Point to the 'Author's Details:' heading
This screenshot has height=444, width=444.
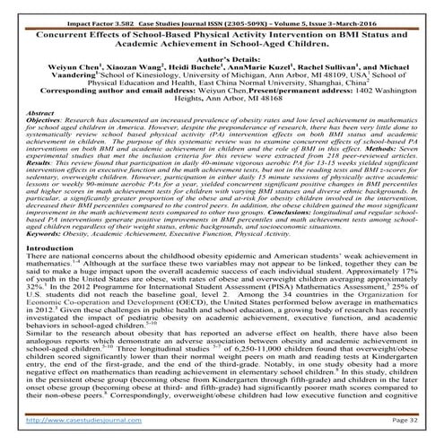[222, 55]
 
